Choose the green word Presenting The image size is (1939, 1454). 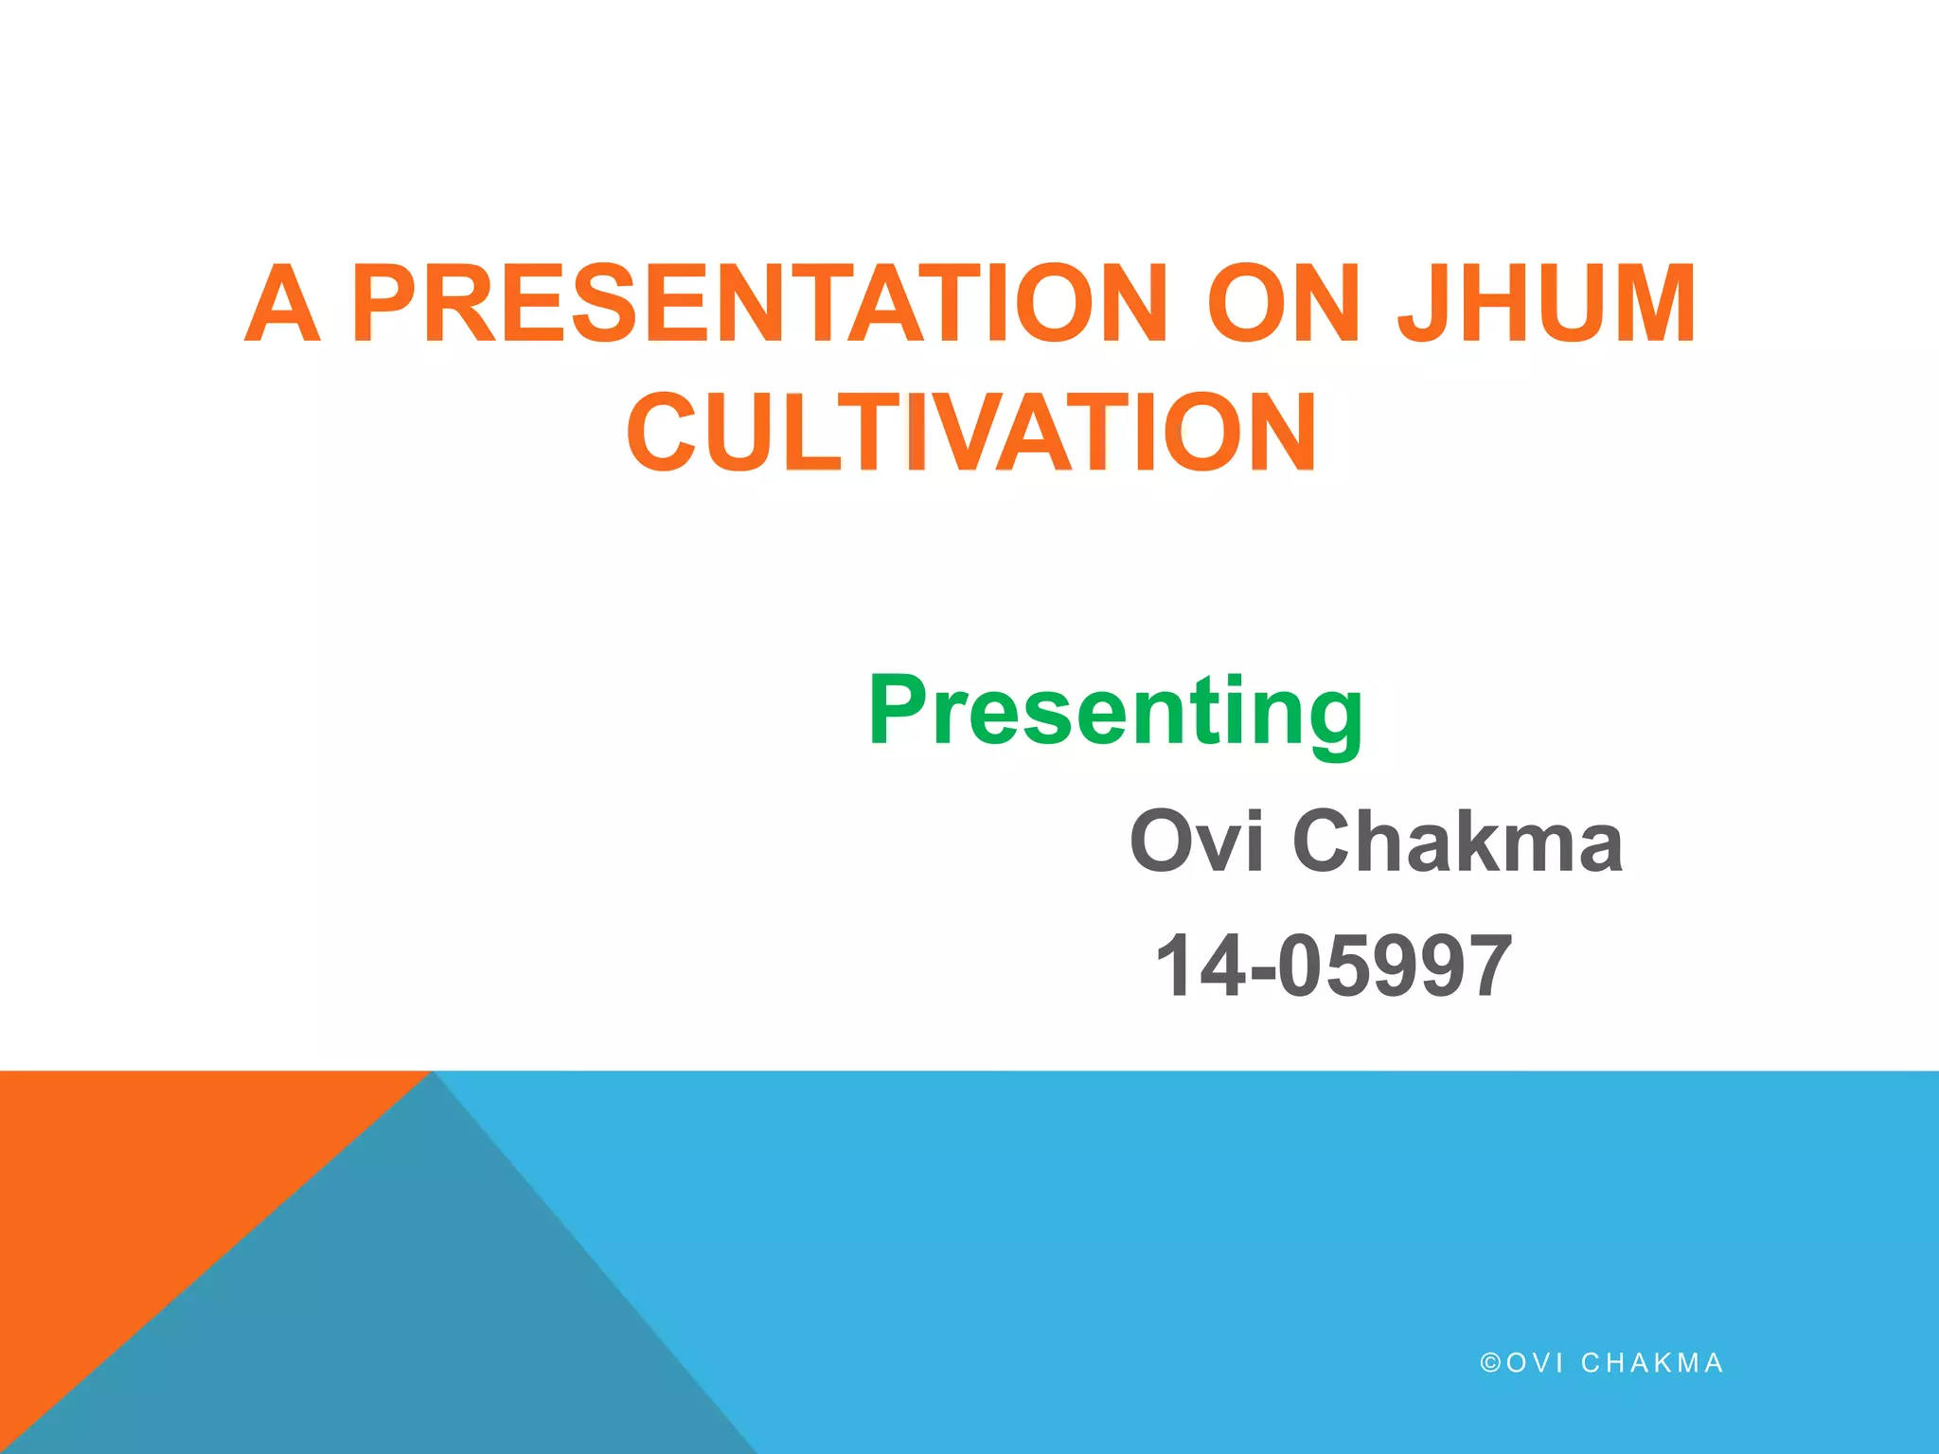pos(1115,712)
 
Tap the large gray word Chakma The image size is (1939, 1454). pos(1458,841)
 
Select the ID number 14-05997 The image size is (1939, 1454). pos(1333,966)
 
